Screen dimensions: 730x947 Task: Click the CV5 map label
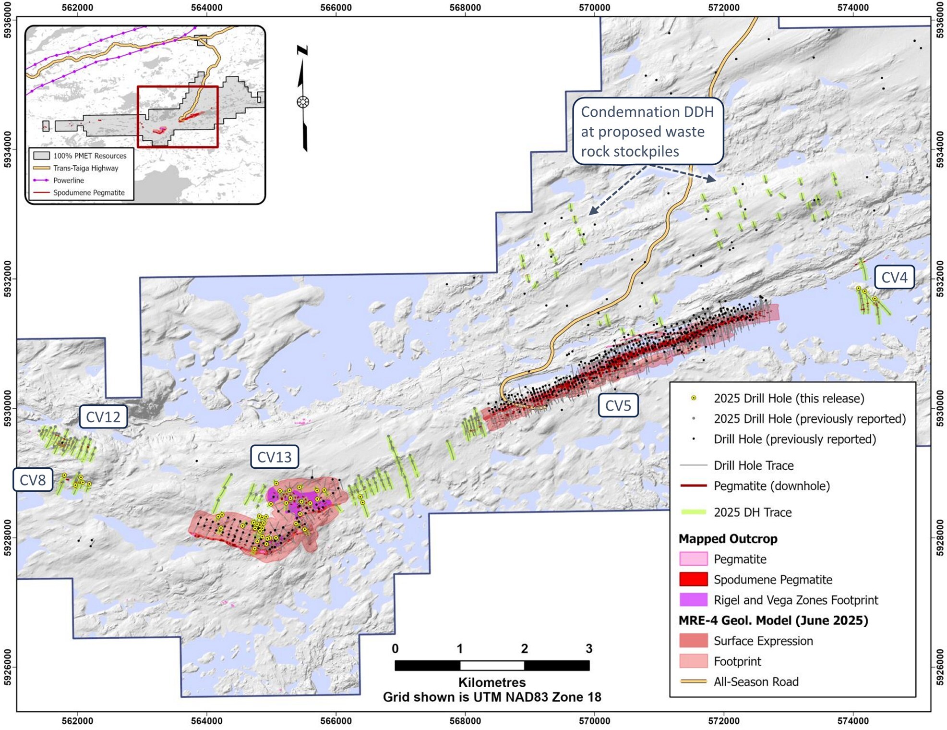coord(618,406)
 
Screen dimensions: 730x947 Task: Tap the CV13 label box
coord(274,457)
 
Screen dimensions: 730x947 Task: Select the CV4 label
coord(894,277)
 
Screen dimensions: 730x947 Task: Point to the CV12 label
coord(103,417)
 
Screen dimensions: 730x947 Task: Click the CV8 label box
coord(33,480)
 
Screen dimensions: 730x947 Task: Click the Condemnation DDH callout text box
coord(647,132)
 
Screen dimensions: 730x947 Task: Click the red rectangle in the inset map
coord(178,117)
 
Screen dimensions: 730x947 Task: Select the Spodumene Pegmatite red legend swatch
coord(693,579)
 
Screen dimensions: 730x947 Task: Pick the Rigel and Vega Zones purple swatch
coord(693,600)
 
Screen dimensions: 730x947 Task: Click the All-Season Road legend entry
coord(755,681)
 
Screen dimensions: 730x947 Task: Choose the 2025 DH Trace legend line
coord(694,512)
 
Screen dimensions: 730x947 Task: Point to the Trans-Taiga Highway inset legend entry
coord(85,168)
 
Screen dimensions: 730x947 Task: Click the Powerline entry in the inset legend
coord(68,180)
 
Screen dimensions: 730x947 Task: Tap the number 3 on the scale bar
coord(589,649)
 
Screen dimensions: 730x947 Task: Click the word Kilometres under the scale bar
coord(491,682)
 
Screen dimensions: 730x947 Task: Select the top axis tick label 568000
coord(465,8)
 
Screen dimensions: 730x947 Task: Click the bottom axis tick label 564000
coord(207,721)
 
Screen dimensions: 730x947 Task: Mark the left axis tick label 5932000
coord(8,279)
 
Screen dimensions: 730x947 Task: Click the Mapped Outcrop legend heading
coord(728,539)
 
